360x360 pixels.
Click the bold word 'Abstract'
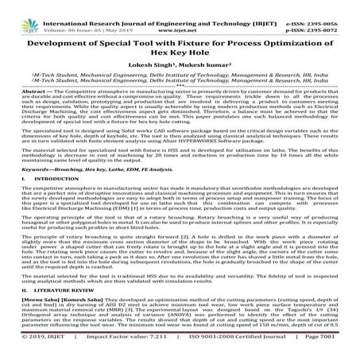(x=23, y=93)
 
